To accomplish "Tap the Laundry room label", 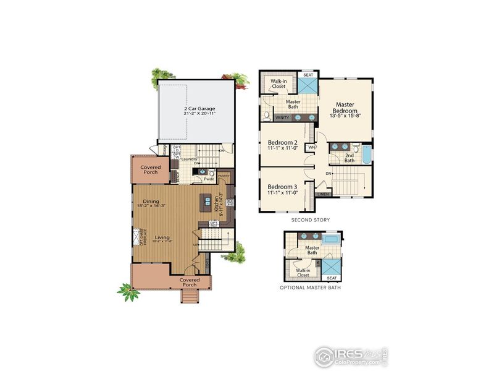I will [189, 160].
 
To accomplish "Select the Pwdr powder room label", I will [201, 178].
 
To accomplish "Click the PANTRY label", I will [224, 176].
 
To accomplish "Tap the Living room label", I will [162, 237].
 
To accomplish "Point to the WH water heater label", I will [312, 147].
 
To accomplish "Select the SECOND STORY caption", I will [310, 220].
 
